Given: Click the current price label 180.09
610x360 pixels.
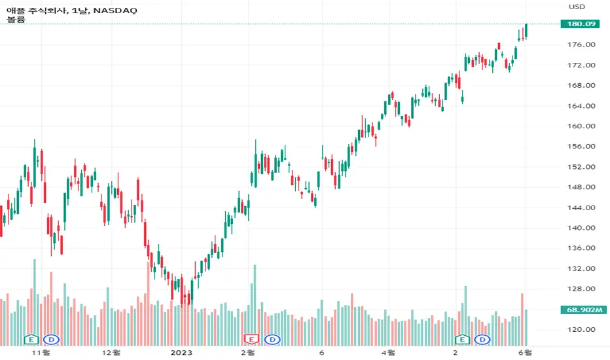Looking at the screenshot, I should click(x=582, y=24).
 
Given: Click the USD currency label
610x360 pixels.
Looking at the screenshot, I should click(x=577, y=7).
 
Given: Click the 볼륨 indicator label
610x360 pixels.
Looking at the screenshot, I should click(x=16, y=19).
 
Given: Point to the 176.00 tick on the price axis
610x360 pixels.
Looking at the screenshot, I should click(x=582, y=45).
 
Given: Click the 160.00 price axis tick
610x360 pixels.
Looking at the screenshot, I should click(x=582, y=126).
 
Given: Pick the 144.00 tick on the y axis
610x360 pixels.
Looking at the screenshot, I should click(x=582, y=208).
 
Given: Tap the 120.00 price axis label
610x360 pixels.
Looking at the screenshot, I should click(x=582, y=330).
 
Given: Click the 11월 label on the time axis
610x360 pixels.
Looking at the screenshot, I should click(x=41, y=351).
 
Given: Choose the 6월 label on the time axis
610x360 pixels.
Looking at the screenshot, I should click(x=524, y=351).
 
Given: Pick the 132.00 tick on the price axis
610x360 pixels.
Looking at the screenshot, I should click(x=582, y=269).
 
